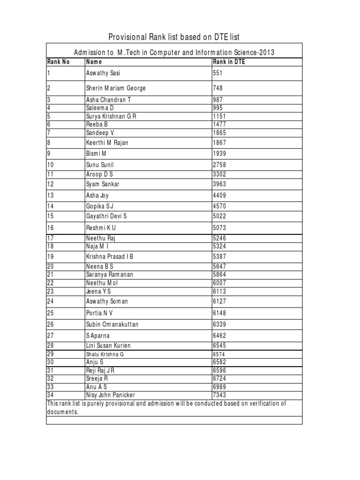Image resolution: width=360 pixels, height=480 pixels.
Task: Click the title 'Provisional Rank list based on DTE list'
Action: [x=174, y=37]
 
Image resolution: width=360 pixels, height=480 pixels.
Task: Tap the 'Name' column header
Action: [x=94, y=61]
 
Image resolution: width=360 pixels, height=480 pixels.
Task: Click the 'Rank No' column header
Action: [x=58, y=61]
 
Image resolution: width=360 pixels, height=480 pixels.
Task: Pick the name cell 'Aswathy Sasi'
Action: [x=103, y=73]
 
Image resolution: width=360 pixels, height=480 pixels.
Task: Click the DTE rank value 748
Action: [x=218, y=88]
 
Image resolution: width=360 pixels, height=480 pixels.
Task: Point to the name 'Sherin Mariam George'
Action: [x=116, y=88]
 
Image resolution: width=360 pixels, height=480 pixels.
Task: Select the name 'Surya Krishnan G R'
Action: [x=111, y=116]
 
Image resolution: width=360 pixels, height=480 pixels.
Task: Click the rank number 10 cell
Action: [x=51, y=165]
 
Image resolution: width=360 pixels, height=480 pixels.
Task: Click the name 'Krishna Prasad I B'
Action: [x=110, y=256]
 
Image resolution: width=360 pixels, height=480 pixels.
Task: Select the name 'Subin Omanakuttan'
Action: [x=112, y=324]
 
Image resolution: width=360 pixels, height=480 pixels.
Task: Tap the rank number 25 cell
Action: [x=51, y=313]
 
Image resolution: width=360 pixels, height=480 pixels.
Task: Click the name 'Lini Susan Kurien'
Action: [x=108, y=345]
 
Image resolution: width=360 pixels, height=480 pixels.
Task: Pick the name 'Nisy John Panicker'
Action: [x=110, y=395]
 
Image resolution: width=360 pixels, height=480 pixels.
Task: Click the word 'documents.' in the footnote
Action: [x=63, y=412]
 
